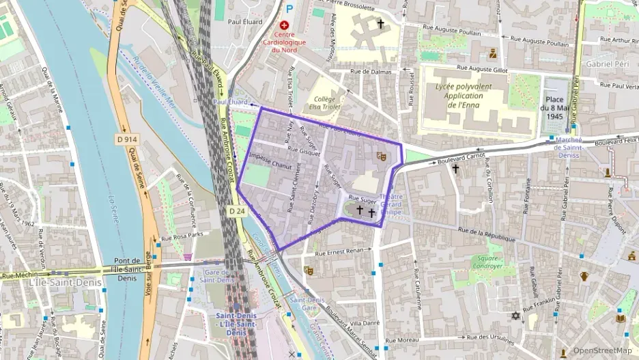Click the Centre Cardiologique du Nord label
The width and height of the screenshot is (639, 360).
[284, 42]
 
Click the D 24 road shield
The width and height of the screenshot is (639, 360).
[237, 211]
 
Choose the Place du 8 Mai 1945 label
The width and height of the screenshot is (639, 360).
[559, 108]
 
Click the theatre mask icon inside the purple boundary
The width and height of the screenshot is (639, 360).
[381, 156]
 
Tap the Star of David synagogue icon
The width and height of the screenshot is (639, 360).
[515, 316]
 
